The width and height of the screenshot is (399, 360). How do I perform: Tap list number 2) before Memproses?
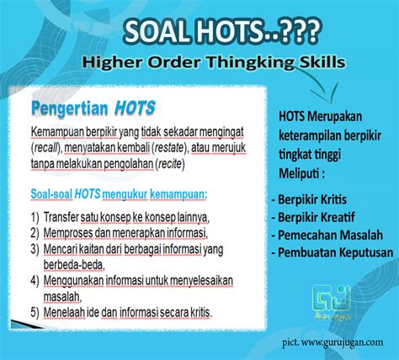(x=35, y=232)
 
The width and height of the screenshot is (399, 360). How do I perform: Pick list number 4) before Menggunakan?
(x=35, y=279)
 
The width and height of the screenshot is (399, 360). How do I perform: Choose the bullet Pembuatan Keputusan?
(x=335, y=251)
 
